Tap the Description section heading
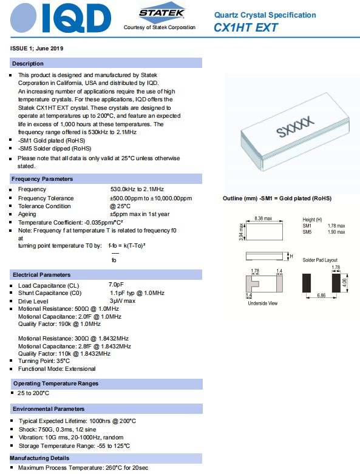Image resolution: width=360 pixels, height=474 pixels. point(28,64)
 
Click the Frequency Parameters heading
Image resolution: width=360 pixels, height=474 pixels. point(42,179)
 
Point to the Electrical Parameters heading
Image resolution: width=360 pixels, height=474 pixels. point(42,275)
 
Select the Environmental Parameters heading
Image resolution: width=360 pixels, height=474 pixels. point(49,409)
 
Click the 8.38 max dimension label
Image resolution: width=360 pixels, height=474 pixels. point(263,218)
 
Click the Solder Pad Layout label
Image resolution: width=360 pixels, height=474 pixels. point(320,260)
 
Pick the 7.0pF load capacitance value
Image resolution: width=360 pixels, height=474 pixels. point(117,285)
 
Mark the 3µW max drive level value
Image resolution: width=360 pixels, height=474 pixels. point(123,301)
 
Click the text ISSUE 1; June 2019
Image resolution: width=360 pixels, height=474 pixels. point(37,48)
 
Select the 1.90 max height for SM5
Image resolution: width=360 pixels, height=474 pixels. point(336,232)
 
